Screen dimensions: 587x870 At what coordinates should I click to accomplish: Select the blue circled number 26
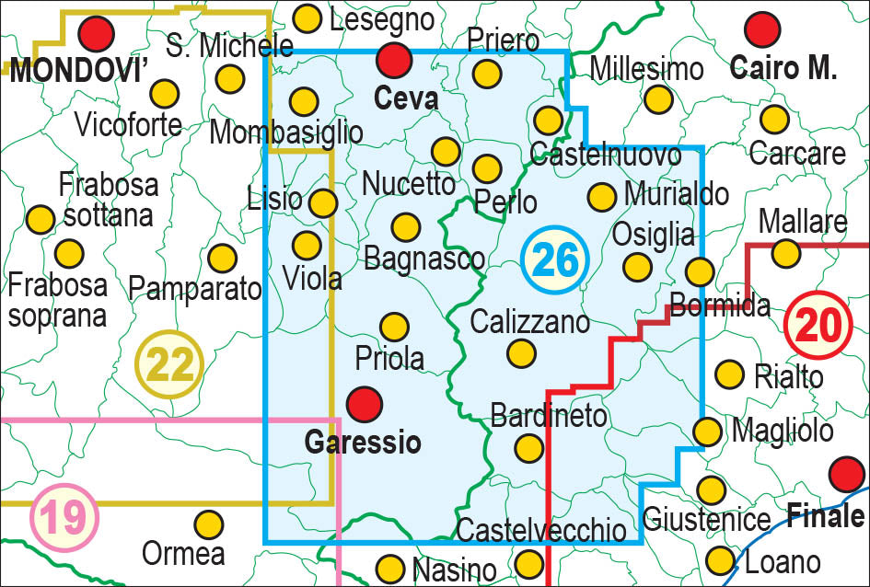click(x=555, y=261)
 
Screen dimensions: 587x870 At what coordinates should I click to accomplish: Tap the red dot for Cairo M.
click(x=762, y=29)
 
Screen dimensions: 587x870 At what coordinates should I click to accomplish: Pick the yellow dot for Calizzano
click(x=521, y=352)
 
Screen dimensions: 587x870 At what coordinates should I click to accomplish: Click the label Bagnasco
click(x=424, y=259)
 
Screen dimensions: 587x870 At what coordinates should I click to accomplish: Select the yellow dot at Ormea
click(x=209, y=524)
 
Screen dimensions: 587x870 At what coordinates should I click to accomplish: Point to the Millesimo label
click(x=646, y=68)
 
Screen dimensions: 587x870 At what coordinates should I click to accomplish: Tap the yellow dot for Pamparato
click(x=222, y=258)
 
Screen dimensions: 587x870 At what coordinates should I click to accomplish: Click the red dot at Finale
click(x=846, y=475)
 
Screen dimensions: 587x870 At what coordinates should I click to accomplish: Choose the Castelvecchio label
click(x=541, y=530)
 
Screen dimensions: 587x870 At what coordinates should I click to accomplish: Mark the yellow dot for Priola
click(x=394, y=327)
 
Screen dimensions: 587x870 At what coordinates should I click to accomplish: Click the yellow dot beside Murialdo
click(x=601, y=195)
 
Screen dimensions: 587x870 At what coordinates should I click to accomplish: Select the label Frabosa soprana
click(x=57, y=300)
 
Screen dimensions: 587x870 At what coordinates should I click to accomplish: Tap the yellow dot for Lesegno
click(x=307, y=17)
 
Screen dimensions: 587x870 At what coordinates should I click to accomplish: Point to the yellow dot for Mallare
click(x=785, y=251)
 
